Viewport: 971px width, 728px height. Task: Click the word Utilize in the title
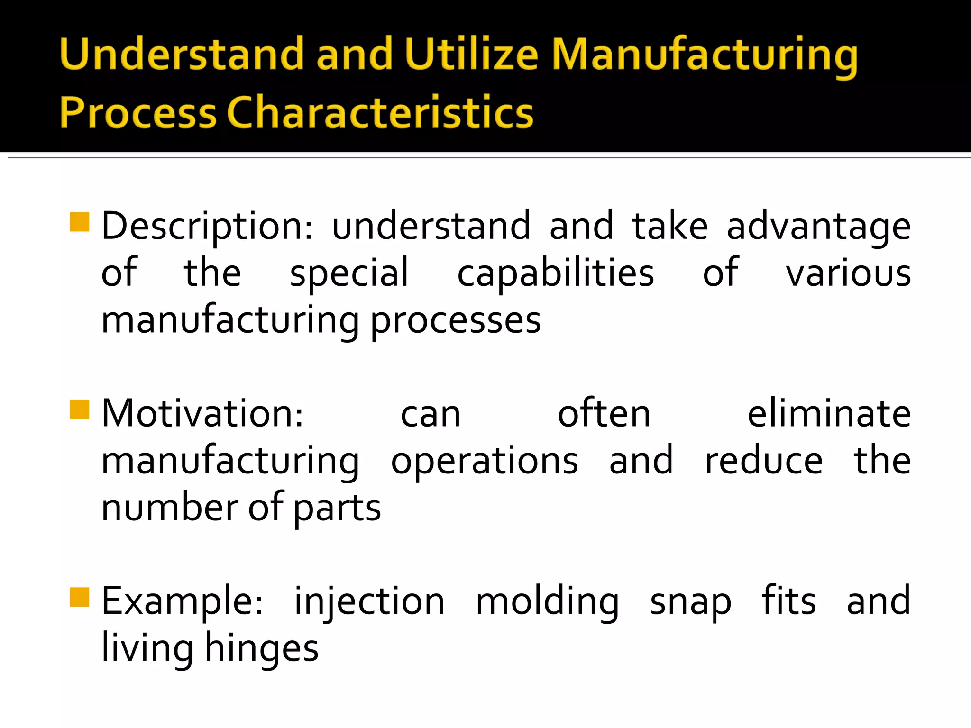471,54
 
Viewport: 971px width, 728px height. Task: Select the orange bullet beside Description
79,222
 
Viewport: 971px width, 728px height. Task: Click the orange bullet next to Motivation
79,409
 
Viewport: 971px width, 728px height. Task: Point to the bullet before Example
79,597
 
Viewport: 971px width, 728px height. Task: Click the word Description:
207,227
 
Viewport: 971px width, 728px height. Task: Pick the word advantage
818,227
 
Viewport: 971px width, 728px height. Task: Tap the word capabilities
555,273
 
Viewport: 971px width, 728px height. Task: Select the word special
349,273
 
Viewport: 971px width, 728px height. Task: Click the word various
848,273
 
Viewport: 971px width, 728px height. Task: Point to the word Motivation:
202,413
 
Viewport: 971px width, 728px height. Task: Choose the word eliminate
829,413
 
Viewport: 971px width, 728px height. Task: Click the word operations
484,461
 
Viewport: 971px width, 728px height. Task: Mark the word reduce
764,461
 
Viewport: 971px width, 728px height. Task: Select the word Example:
183,601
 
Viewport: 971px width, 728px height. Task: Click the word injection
369,602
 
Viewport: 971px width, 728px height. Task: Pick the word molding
547,602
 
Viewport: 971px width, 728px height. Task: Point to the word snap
690,602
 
